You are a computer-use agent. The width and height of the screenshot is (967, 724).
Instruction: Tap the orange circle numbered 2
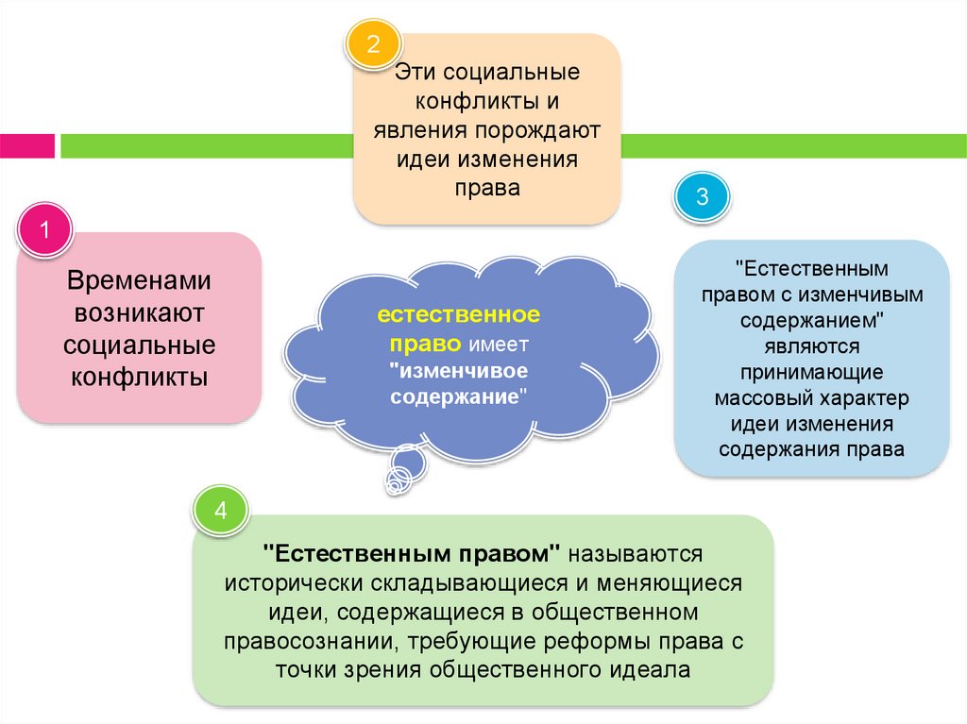pyautogui.click(x=372, y=44)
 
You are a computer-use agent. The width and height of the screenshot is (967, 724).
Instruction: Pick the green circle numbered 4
pyautogui.click(x=220, y=511)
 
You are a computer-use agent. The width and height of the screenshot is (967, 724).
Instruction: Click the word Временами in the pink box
pyautogui.click(x=139, y=281)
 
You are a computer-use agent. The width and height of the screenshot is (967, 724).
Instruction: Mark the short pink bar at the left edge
pyautogui.click(x=26, y=145)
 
